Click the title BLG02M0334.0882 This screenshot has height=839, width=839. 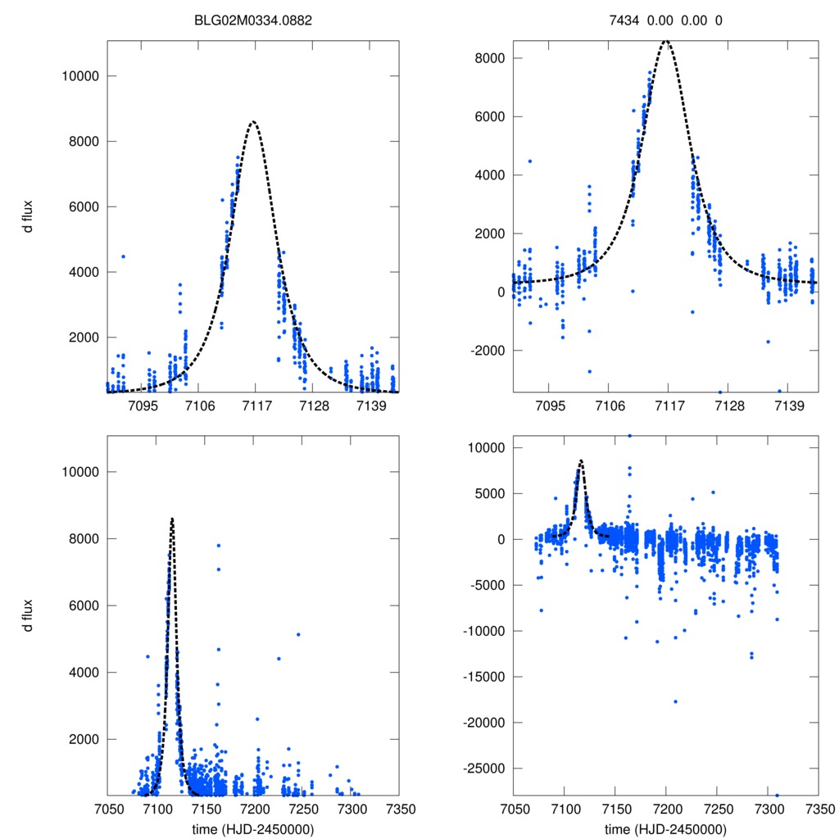[253, 21]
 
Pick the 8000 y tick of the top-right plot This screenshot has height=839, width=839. [487, 58]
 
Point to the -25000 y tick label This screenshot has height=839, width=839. [481, 769]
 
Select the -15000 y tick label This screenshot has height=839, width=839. [481, 677]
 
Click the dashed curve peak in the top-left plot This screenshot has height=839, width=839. [254, 121]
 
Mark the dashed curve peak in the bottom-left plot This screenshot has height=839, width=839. [172, 518]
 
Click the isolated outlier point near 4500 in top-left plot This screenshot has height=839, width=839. [123, 256]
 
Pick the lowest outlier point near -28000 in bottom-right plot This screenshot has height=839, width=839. [777, 795]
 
